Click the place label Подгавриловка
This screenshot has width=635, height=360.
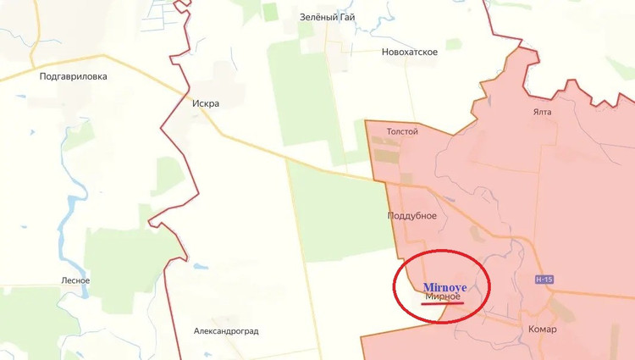click(x=73, y=76)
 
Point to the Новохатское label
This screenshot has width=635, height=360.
click(x=409, y=53)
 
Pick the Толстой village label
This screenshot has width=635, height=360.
click(x=402, y=132)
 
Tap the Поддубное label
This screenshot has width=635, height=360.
click(x=411, y=216)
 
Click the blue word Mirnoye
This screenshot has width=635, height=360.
click(x=444, y=287)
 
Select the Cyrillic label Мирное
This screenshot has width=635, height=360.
click(x=443, y=296)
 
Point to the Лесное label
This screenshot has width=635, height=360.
click(x=75, y=281)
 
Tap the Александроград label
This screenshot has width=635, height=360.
click(x=226, y=331)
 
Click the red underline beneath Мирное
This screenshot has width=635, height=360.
click(x=443, y=303)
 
